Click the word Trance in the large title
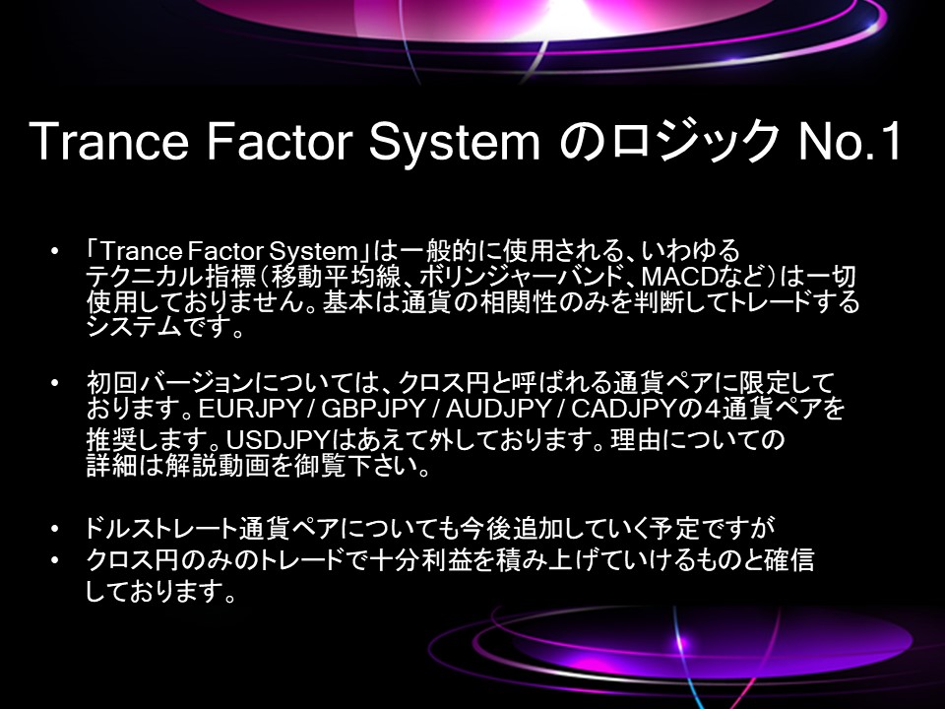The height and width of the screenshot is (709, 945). point(108,141)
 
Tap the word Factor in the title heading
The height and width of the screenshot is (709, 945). point(279,141)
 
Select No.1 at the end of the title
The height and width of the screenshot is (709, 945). point(850,141)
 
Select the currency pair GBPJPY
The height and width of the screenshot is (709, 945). point(374,409)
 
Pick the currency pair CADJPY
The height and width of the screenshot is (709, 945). point(624,409)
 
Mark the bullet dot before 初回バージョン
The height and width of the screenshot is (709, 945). point(55,382)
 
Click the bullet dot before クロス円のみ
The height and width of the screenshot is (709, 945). point(55,559)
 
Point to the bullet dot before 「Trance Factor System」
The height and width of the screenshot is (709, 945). point(55,249)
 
